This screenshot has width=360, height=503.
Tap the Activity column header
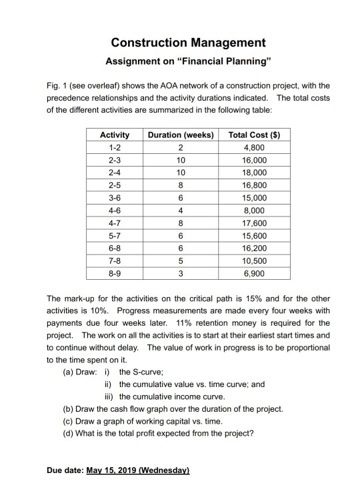113,135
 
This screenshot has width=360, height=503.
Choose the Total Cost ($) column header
253,135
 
